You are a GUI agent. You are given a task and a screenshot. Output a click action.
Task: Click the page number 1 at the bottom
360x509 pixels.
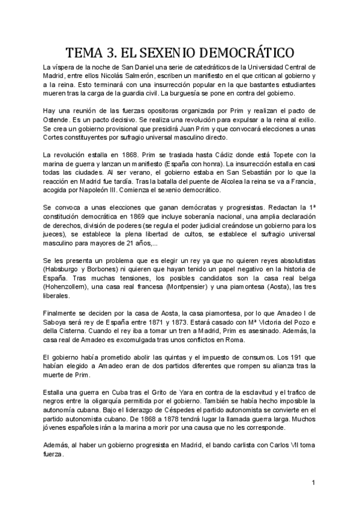pos(314,482)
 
